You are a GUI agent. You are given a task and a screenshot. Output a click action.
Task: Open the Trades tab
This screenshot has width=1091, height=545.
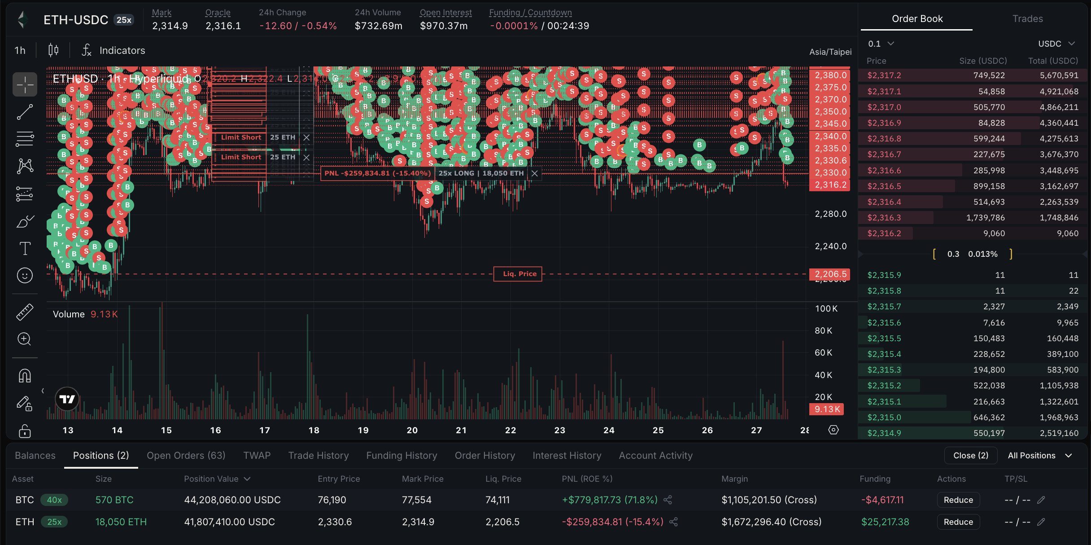coord(1027,19)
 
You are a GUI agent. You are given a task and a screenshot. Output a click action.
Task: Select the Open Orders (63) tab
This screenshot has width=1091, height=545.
coord(186,455)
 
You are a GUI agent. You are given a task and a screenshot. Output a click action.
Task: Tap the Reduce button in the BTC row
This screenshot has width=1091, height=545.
coord(958,500)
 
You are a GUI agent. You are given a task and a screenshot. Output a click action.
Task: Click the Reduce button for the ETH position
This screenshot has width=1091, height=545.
coord(958,522)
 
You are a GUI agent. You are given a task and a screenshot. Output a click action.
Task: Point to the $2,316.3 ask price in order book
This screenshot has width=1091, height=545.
coord(884,218)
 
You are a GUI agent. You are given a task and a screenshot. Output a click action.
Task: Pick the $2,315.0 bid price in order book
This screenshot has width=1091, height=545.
coord(884,418)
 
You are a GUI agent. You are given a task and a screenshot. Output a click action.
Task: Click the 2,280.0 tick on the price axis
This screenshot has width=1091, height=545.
coord(830,214)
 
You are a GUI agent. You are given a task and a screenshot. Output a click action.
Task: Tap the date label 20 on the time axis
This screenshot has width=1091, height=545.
coord(412,430)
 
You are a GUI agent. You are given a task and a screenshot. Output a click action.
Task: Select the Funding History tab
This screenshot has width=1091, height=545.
coord(401,455)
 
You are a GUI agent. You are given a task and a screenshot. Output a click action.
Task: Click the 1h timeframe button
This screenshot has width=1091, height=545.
coord(20,50)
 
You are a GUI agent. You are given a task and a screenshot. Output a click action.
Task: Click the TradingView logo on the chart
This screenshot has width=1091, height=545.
coord(67,399)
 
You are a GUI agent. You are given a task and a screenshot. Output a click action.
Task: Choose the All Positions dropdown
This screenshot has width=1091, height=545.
coord(1039,455)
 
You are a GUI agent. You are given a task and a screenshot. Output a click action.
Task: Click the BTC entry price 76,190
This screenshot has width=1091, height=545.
coord(332,500)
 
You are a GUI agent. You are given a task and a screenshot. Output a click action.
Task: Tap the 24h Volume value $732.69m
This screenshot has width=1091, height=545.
coord(378,26)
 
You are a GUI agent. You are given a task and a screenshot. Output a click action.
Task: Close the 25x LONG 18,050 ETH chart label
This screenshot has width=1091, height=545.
coord(534,173)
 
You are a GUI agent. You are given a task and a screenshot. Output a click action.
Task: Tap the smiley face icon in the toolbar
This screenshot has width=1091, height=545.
coord(25,275)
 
